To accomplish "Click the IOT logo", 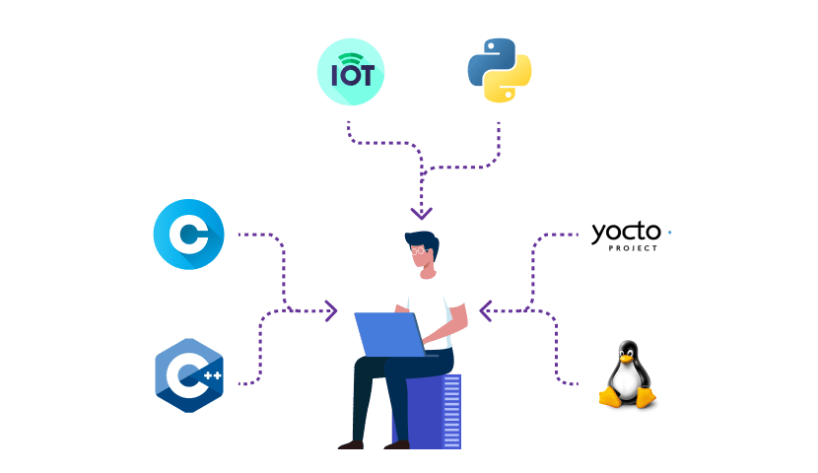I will coord(351,73).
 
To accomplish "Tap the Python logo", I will coord(499,72).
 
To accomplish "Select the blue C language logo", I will coord(189,235).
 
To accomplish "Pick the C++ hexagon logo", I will coord(189,376).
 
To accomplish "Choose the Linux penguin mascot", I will coord(628,375).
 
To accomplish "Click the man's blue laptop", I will coord(388,333).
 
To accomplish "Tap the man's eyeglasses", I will coord(421,250).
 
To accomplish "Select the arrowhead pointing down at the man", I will coord(422,213).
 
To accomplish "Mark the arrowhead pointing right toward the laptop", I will coord(331,311).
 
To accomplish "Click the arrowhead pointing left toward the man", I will coord(485,312).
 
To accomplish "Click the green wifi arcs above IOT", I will coord(351,57).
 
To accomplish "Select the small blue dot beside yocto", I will coord(669,233).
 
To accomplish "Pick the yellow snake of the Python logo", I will coord(509,85).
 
